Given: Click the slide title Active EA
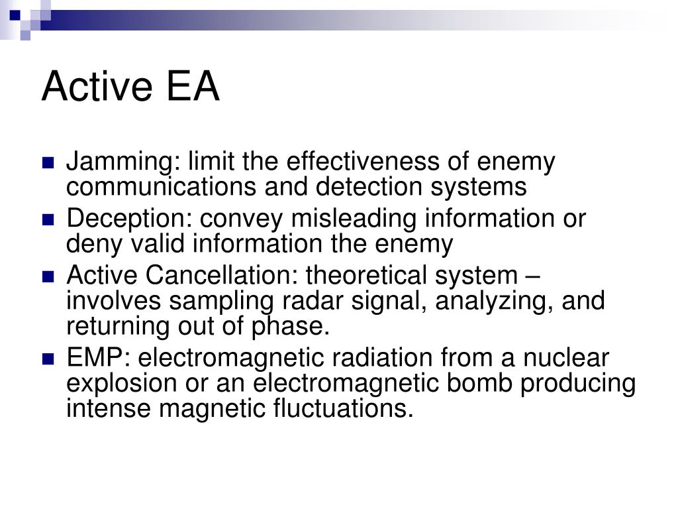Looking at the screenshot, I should [130, 87].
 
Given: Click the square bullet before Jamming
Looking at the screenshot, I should [48, 163].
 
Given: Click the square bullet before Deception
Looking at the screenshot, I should [48, 219].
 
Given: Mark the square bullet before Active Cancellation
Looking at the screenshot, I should [48, 276].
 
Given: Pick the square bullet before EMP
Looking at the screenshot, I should [48, 359].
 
